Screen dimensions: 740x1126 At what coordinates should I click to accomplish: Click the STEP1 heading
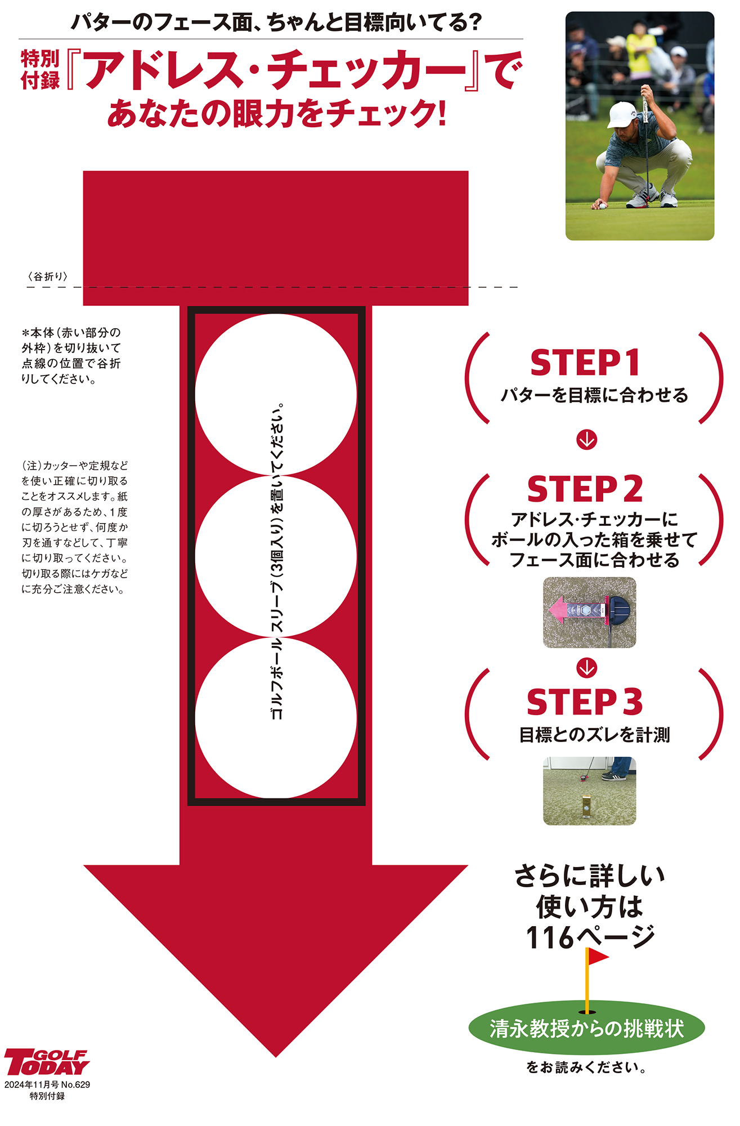point(585,363)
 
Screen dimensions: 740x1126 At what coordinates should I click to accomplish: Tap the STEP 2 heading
point(585,489)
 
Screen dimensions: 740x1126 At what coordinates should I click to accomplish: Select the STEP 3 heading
point(585,702)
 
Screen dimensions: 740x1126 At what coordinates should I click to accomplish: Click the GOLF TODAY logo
point(47,1062)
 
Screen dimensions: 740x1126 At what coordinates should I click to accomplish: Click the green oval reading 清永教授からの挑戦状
point(586,1029)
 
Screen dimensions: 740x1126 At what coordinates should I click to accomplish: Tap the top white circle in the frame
point(276,395)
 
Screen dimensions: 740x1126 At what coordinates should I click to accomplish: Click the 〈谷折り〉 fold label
point(48,276)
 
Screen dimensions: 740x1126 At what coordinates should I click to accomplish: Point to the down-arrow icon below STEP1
point(587,440)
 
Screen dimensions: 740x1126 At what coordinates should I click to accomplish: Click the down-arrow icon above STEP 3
point(587,668)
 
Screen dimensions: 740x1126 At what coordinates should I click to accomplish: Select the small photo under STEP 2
point(589,613)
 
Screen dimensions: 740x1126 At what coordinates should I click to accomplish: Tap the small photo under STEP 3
point(589,791)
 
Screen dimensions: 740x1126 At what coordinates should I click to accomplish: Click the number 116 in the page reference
point(549,937)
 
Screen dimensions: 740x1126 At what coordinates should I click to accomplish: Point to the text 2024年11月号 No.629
point(47,1084)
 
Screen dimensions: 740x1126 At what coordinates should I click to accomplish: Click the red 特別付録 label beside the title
point(40,69)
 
